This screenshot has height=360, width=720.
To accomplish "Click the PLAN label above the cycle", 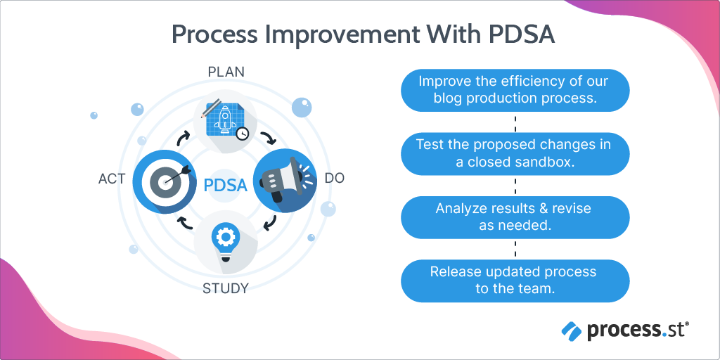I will pyautogui.click(x=226, y=72).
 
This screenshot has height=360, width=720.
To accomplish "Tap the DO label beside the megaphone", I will pyautogui.click(x=335, y=179).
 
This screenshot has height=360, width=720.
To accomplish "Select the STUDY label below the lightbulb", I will pyautogui.click(x=226, y=288).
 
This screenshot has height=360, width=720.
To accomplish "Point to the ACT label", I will pyautogui.click(x=112, y=179).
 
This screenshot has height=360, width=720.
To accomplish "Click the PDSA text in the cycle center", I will pyautogui.click(x=226, y=186).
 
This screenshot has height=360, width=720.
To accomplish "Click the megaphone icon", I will pyautogui.click(x=281, y=182).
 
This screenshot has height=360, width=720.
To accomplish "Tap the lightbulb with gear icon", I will pyautogui.click(x=226, y=242).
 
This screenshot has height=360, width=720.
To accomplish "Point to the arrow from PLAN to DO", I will pyautogui.click(x=268, y=136).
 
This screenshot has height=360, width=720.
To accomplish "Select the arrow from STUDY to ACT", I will pyautogui.click(x=184, y=224).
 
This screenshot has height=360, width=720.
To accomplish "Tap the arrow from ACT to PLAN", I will pyautogui.click(x=184, y=136).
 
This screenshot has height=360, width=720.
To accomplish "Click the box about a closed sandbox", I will pyautogui.click(x=515, y=154).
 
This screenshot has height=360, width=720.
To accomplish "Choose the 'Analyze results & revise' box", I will pyautogui.click(x=515, y=217).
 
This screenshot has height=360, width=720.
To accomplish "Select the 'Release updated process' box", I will pyautogui.click(x=515, y=280).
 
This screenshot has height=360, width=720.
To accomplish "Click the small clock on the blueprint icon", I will pyautogui.click(x=243, y=134).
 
